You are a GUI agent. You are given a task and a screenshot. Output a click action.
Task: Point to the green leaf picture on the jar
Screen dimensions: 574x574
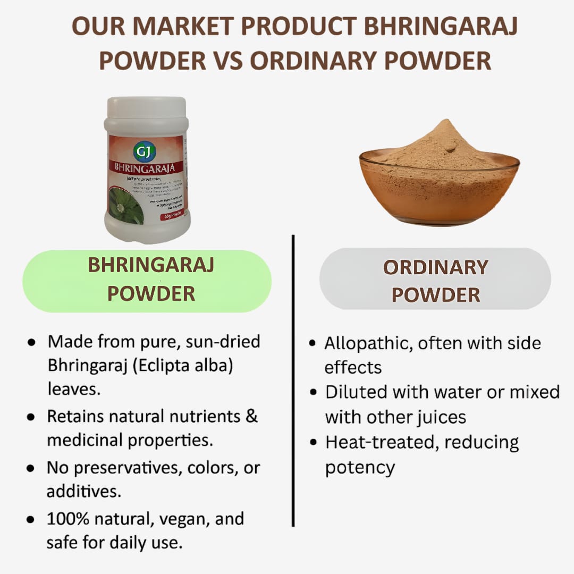point(126,204)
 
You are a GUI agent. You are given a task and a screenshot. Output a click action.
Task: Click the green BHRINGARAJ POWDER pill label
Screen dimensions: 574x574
point(147,280)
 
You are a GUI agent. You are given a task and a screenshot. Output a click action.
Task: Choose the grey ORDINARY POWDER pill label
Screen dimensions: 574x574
point(435,280)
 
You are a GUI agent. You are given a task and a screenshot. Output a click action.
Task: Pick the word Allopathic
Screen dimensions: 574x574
point(369,343)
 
